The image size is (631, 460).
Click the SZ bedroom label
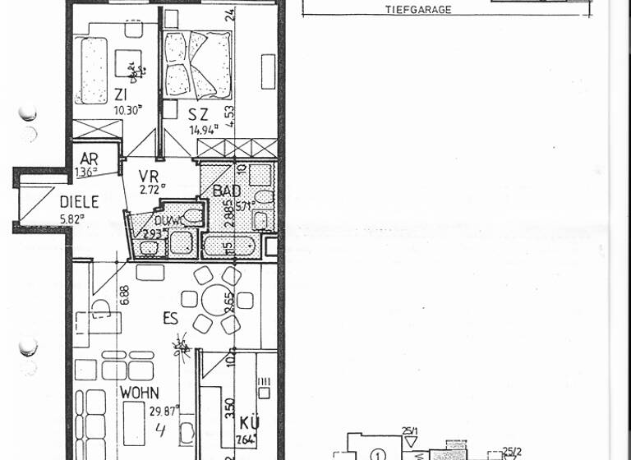198,115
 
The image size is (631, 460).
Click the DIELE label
79,201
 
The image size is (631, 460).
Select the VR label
148,175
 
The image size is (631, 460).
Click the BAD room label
227,191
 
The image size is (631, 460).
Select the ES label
169,317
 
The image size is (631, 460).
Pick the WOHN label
139,393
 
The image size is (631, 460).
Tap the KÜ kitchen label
250,424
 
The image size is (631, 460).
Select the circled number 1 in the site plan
377,453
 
